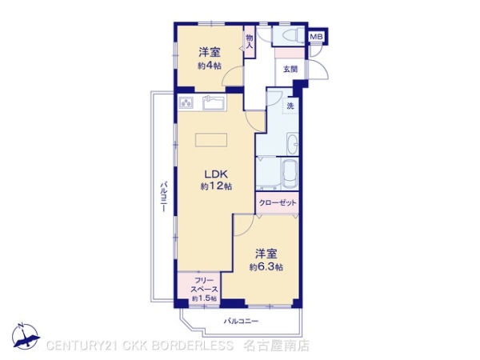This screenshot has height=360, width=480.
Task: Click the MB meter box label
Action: pos(316,37)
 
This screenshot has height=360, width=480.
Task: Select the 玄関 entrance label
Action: pos(290,69)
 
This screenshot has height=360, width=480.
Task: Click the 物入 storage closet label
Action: pos(250,42)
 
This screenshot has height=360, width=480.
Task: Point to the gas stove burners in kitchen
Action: pos(186,103)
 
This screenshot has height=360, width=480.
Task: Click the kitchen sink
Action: pos(214,102)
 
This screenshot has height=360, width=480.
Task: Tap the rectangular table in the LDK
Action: pos(211,140)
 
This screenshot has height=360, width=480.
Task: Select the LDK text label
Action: pos(216,174)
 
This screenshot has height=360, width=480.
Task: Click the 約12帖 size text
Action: pos(216,186)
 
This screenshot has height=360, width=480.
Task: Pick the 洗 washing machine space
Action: pos(290,106)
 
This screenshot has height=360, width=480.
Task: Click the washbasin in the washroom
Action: pos(292,144)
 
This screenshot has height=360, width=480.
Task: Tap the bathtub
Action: pos(290,174)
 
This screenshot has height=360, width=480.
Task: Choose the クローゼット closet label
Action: pos(278,202)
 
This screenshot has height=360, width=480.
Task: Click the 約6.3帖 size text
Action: pos(266,267)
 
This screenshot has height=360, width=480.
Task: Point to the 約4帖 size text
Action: pos(210,66)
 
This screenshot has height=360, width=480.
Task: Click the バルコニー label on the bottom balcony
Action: pos(242,321)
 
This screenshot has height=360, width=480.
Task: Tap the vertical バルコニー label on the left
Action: pos(164,197)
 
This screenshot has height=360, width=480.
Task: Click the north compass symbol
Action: pos(26,336)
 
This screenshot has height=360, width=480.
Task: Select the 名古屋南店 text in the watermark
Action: pos(277,346)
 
